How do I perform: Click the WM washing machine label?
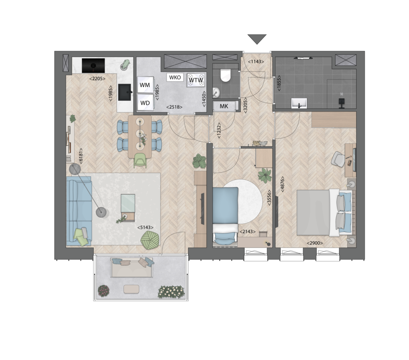[145, 85]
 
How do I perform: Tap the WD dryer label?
[145, 103]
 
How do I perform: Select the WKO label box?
[175, 78]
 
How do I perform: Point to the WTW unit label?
[196, 80]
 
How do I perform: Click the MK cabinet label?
[224, 106]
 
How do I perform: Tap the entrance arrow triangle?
[257, 39]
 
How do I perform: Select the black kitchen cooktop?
[93, 66]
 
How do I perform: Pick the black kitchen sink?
[125, 92]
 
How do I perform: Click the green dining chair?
[140, 160]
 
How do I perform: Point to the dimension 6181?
[81, 156]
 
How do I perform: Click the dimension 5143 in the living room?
[145, 227]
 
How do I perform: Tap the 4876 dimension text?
[282, 185]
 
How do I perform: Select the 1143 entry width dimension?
[256, 62]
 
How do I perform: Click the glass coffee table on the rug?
[128, 203]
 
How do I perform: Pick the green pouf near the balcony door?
[150, 240]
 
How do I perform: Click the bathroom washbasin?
[299, 103]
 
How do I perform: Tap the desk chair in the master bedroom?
[338, 159]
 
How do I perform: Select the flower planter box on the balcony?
[172, 292]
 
